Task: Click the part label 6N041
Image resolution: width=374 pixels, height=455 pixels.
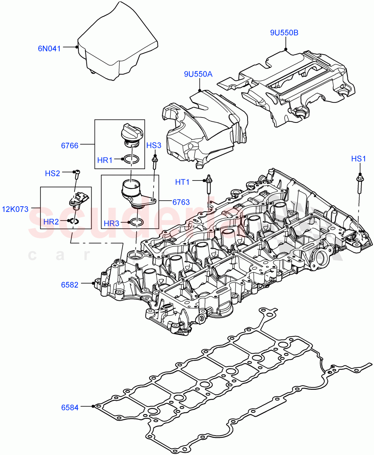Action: pyautogui.click(x=49, y=48)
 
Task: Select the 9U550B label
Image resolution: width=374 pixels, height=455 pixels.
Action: pyautogui.click(x=284, y=33)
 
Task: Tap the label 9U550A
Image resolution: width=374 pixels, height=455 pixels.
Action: pyautogui.click(x=198, y=74)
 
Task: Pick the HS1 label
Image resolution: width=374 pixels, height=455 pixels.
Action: pyautogui.click(x=358, y=159)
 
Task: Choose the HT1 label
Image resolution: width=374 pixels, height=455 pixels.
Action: pyautogui.click(x=182, y=182)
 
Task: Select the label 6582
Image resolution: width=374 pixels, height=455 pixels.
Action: pyautogui.click(x=70, y=284)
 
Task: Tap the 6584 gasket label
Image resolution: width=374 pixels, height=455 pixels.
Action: pyautogui.click(x=70, y=408)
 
